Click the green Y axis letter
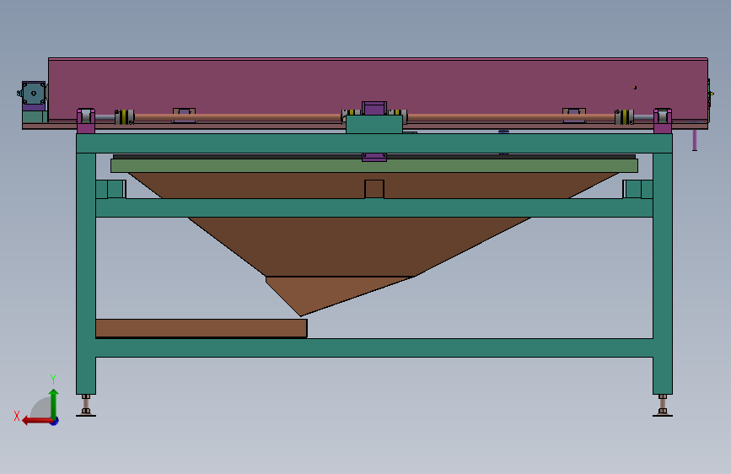pyautogui.click(x=53, y=379)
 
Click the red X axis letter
pyautogui.click(x=17, y=416)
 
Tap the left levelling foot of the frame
pyautogui.click(x=86, y=406)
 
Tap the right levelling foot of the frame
pyautogui.click(x=663, y=406)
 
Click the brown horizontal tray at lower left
pyautogui.click(x=202, y=328)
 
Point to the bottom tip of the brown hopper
pyautogui.click(x=301, y=315)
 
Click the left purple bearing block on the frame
pyautogui.click(x=86, y=121)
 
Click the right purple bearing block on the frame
pyautogui.click(x=663, y=121)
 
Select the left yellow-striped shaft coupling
pyautogui.click(x=125, y=117)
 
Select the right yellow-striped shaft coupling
pyautogui.click(x=624, y=117)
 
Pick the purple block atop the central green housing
pyautogui.click(x=374, y=109)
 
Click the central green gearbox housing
pyautogui.click(x=374, y=125)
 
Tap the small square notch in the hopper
pyautogui.click(x=374, y=189)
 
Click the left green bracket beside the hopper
pyautogui.click(x=111, y=189)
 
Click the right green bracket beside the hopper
pyautogui.click(x=637, y=189)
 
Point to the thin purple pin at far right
pyautogui.click(x=695, y=140)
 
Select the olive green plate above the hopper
pyautogui.click(x=374, y=165)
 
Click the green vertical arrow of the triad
pyautogui.click(x=54, y=404)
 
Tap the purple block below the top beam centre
pyautogui.click(x=374, y=157)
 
